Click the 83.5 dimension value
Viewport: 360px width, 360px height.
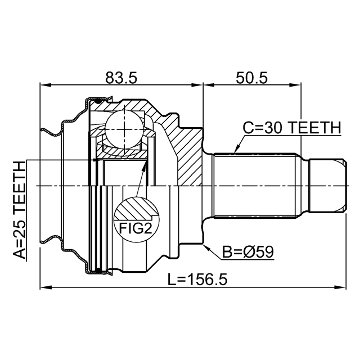121,78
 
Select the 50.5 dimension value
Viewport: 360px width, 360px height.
251,78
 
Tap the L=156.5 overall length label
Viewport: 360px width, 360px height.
197,280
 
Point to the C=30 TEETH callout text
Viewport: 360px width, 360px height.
292,128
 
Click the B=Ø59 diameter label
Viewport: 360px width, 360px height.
248,252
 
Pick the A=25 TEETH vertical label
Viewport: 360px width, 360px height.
19,210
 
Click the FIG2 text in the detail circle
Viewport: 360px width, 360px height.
136,228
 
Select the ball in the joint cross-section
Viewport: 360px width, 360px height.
124,130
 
